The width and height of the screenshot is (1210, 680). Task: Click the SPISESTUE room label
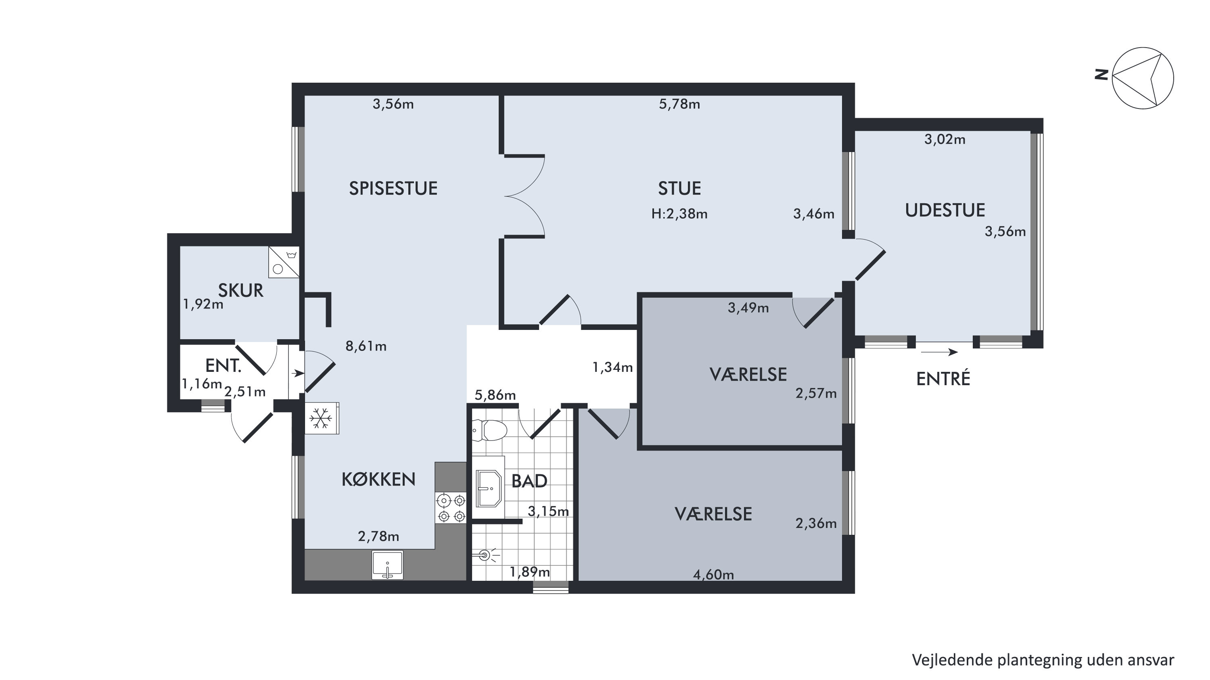393,188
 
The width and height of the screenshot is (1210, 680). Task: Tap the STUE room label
679,188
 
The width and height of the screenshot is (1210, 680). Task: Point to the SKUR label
240,291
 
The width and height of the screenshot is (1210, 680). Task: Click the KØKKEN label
379,480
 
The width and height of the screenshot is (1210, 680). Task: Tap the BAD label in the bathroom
529,481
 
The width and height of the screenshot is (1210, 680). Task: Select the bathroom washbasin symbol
488,488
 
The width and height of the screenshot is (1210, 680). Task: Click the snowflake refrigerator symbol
321,418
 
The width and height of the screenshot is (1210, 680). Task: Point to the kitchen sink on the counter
388,565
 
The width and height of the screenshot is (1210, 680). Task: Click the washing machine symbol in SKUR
284,262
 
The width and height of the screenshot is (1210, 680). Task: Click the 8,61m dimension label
366,346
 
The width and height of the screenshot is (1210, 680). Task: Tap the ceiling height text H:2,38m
679,214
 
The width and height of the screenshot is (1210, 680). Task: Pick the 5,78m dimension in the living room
679,104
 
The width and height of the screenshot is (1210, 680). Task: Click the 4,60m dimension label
713,574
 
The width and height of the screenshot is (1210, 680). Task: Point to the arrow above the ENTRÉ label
939,352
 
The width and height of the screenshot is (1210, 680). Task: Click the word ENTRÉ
943,378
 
